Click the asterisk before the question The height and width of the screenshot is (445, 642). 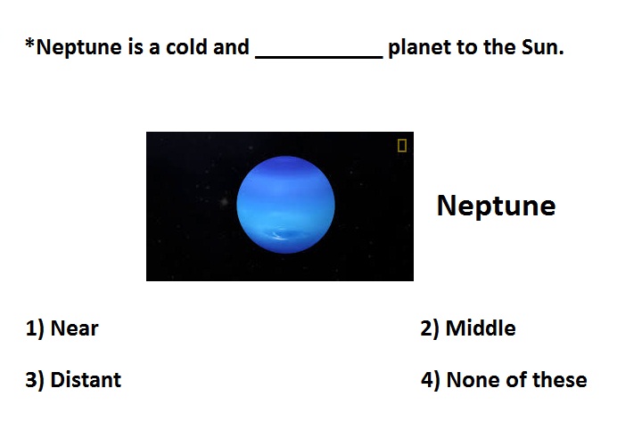coord(29,43)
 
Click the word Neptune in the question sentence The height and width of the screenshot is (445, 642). coord(79,47)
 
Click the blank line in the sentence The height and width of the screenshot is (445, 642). coord(319,58)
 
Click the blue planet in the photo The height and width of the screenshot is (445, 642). coord(286,205)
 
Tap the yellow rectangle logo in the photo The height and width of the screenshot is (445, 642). coord(402,145)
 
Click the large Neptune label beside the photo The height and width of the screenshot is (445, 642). coord(497,206)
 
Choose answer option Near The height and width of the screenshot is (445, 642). coord(74,328)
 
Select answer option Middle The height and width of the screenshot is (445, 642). coord(481,328)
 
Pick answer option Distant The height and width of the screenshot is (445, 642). coord(86,380)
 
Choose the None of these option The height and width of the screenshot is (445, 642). coord(516,380)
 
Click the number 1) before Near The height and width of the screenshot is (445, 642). coord(35,329)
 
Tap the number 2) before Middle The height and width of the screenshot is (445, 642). coord(430,329)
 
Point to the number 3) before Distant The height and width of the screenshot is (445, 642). coord(35,380)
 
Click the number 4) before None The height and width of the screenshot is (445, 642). coord(431,380)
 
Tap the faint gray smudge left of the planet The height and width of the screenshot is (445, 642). coord(224,201)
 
